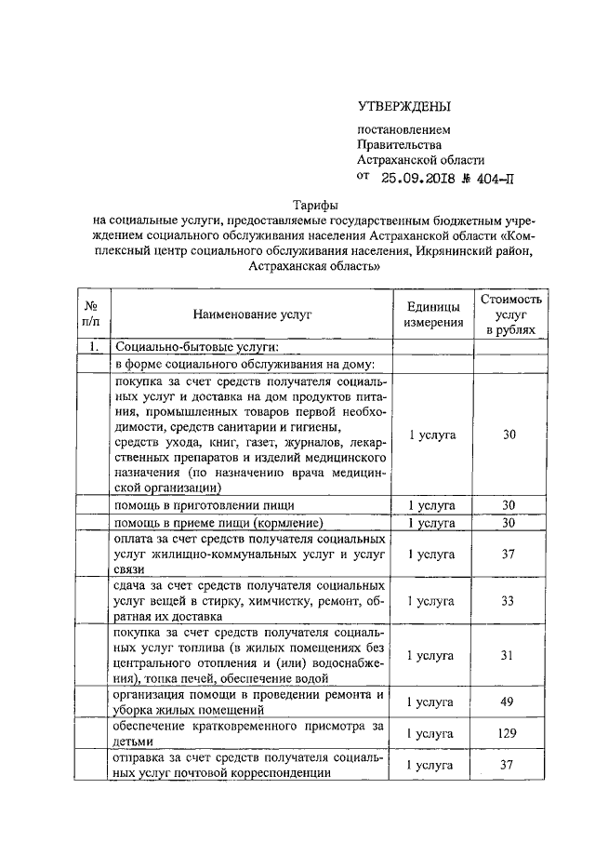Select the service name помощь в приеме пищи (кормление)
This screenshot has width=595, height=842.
(x=218, y=522)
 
